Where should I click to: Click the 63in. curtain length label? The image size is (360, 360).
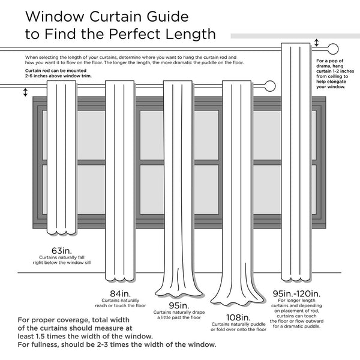62,250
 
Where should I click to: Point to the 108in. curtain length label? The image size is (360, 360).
238,317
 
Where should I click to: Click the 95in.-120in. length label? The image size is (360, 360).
296,294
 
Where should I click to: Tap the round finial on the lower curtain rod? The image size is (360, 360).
270,86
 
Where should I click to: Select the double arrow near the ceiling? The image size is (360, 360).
317,43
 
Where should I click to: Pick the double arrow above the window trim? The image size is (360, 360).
25,92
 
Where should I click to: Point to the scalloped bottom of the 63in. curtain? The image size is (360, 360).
62,233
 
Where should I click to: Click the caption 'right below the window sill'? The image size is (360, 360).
62,263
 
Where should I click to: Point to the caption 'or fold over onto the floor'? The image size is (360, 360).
239,329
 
